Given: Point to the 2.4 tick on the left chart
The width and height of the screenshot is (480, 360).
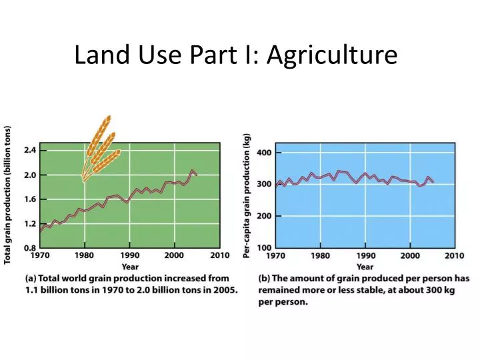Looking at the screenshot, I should coord(30,151).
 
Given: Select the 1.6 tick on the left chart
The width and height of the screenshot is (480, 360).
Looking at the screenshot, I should coord(30,199).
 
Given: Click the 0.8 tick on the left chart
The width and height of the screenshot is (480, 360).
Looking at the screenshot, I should coord(30,247).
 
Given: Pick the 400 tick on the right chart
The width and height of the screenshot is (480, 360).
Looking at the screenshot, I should coord(264,153).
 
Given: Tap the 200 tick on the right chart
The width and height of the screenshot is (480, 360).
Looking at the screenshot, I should coord(264,216).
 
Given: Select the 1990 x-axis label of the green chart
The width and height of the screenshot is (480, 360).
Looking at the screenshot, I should coord(129,255).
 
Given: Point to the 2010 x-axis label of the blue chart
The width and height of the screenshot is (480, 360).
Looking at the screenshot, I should coord(454,255).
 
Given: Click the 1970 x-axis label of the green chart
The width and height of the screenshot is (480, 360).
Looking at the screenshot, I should coord(41,255).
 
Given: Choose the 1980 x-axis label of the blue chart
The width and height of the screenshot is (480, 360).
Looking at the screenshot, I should coord(321,255).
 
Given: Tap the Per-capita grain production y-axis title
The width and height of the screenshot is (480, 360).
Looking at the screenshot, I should coord(247,195).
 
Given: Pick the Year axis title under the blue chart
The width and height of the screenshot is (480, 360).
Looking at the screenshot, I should coord(365,265).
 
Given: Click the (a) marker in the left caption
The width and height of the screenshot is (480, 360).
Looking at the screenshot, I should coord(31,278).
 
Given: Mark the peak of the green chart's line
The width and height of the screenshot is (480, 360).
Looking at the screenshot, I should coord(193,171).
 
